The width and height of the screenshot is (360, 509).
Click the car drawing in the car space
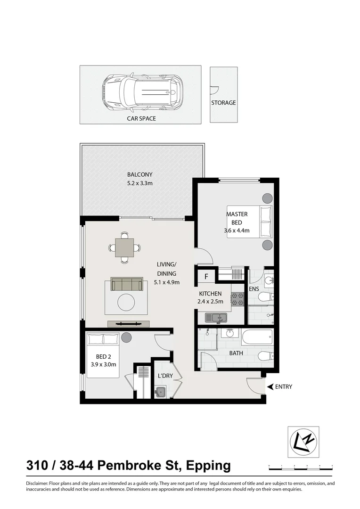click(x=141, y=92)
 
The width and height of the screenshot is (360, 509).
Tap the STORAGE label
click(x=223, y=103)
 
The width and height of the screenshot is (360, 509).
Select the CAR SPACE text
click(x=141, y=119)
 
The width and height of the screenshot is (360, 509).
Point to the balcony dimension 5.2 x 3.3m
click(x=140, y=183)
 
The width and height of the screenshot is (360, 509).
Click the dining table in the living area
click(x=125, y=247)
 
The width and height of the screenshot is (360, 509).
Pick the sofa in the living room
click(x=127, y=284)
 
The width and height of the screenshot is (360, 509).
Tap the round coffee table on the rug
click(x=126, y=302)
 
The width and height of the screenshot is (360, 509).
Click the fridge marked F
click(x=206, y=277)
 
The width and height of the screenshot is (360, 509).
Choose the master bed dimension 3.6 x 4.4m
click(x=237, y=231)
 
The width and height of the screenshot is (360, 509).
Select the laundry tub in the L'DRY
click(x=161, y=391)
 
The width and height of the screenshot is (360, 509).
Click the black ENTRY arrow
click(x=270, y=387)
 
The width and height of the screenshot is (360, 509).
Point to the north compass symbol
click(x=303, y=442)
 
